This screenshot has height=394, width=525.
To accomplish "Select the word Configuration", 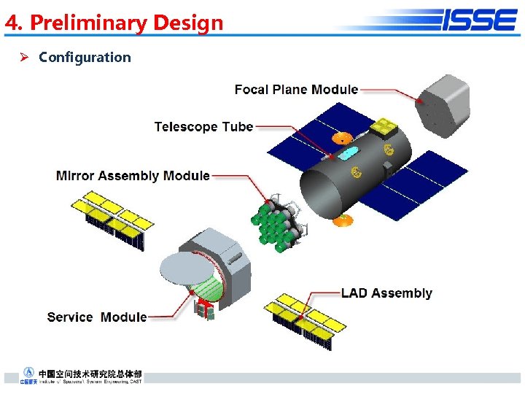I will click(x=85, y=57).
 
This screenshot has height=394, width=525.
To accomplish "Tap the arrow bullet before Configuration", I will click(x=23, y=57).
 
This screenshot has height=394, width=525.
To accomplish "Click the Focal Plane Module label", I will click(x=296, y=89).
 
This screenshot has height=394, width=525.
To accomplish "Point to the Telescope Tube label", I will click(x=203, y=127).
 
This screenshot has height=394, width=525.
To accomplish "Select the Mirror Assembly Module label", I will click(x=133, y=176).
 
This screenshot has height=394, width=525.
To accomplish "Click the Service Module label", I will click(x=96, y=317).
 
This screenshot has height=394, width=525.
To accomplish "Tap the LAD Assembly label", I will click(x=386, y=293).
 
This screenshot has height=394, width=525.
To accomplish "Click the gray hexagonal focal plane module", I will click(x=442, y=106).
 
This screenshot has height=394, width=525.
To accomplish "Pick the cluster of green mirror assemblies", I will click(x=279, y=223).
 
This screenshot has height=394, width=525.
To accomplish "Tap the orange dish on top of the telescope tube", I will click(x=342, y=137).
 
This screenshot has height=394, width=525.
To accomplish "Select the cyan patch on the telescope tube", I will click(x=349, y=152).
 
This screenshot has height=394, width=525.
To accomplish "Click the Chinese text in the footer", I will click(x=90, y=373).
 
